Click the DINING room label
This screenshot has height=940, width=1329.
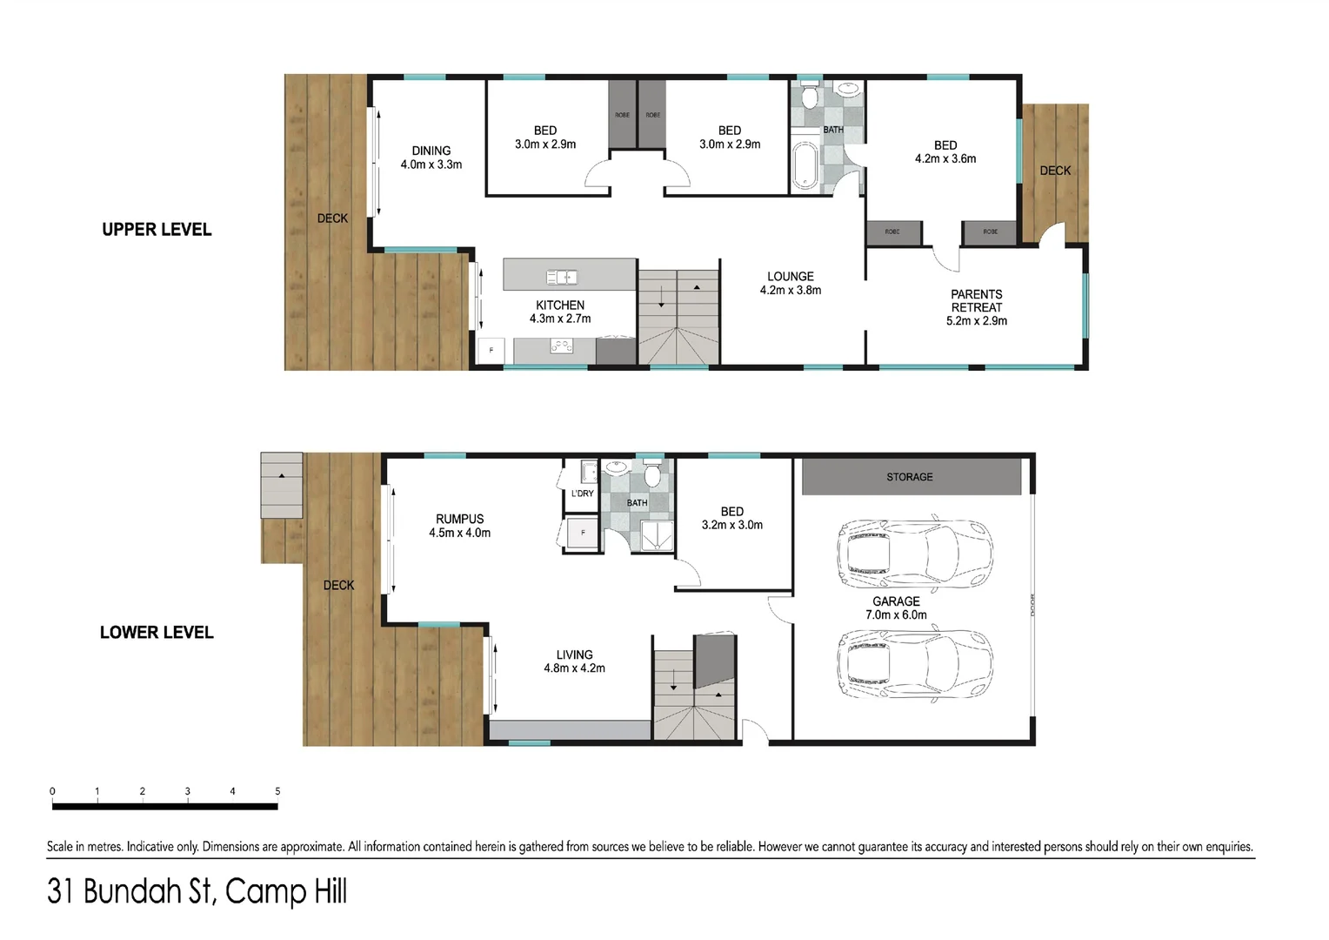[431, 157]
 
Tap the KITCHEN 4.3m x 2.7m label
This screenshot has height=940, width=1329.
[560, 312]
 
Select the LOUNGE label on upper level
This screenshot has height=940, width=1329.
[790, 283]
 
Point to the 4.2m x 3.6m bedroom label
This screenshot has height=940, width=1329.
[945, 151]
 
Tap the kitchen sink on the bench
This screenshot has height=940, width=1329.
[562, 277]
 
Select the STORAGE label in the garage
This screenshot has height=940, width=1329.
[909, 477]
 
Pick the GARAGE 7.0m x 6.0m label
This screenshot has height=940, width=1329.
[896, 608]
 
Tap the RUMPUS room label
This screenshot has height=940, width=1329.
[459, 525]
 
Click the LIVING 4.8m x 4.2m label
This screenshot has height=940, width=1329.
[574, 661]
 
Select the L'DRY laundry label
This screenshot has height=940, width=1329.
[582, 493]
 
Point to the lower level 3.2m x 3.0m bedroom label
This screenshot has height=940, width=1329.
[731, 518]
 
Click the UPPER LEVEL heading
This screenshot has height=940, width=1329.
[157, 230]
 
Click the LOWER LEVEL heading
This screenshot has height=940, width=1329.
[157, 633]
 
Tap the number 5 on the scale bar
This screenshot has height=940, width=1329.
[277, 791]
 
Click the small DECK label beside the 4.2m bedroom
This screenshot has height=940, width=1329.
[1055, 171]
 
